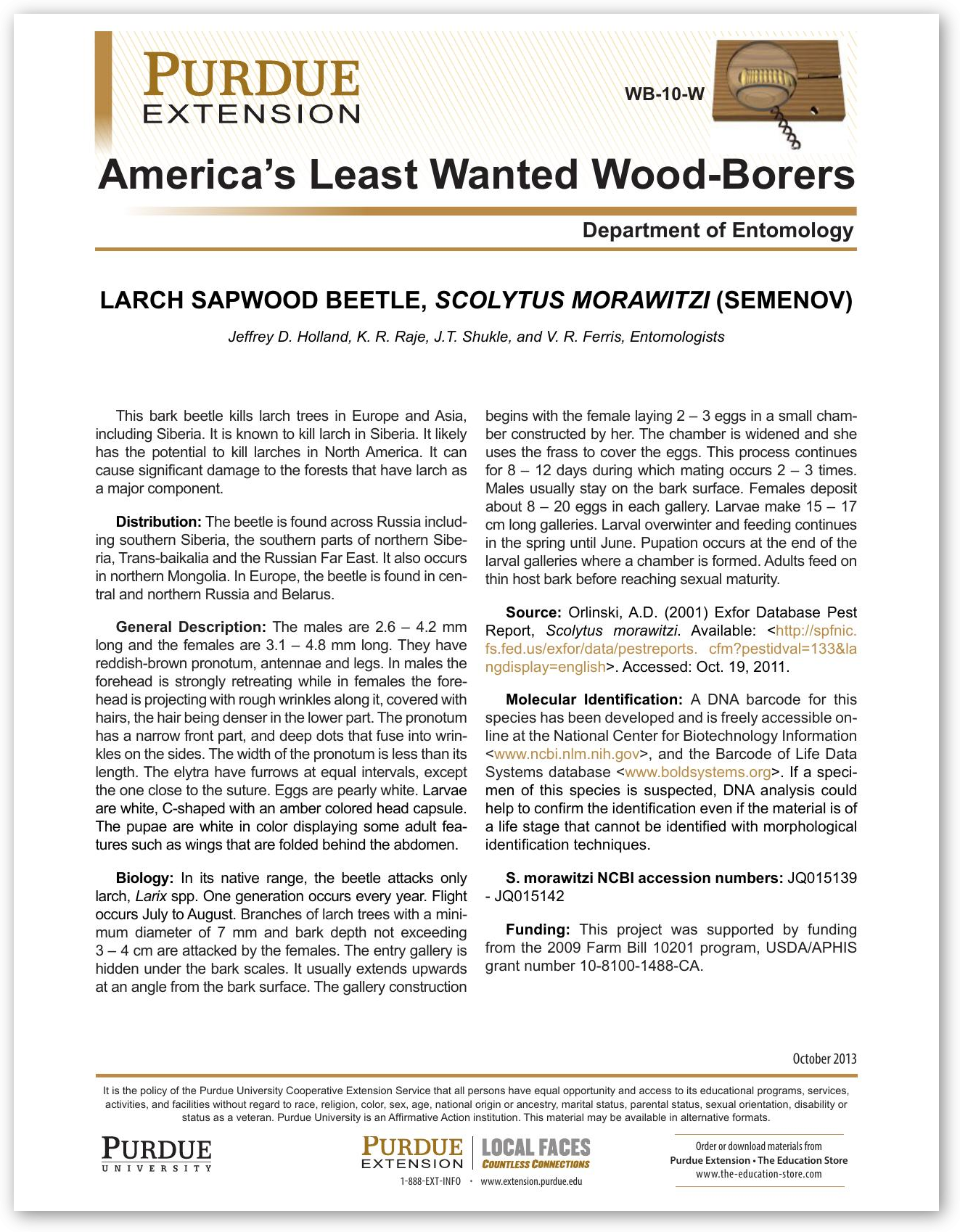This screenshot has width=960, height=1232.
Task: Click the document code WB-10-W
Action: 664,94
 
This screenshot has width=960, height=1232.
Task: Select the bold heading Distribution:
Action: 158,522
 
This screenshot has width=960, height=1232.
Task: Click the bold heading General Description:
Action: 192,627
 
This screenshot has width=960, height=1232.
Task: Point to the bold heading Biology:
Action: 144,878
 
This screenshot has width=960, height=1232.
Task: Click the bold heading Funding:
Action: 538,929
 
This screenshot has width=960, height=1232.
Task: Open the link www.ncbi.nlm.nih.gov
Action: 566,754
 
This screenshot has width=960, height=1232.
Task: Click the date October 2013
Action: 824,1059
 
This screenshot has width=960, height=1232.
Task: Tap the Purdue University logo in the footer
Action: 157,1154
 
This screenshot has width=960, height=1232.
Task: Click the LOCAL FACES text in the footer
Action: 536,1147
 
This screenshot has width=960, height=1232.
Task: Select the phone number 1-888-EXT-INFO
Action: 430,1181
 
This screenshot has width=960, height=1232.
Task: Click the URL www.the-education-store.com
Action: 758,1173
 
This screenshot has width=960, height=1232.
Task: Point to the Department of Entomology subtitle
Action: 718,230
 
